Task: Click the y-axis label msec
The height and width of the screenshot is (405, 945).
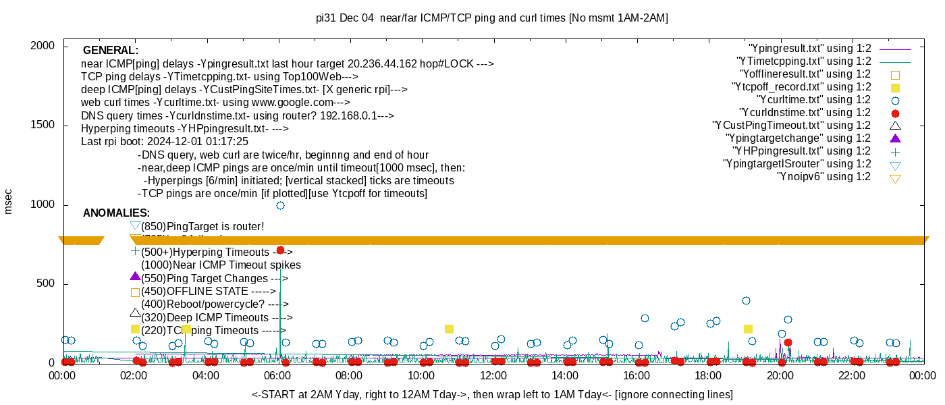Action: [9, 201]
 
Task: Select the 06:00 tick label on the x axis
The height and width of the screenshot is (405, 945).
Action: [277, 376]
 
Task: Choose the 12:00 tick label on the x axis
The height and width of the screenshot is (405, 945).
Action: [493, 376]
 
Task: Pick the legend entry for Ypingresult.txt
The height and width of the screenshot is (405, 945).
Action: [810, 49]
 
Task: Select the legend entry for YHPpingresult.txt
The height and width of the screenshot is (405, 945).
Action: [799, 151]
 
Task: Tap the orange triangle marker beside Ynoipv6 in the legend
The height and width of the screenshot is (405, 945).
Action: [896, 178]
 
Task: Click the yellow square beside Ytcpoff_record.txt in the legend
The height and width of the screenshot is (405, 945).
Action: [896, 88]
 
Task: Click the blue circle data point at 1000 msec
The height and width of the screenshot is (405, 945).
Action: [280, 205]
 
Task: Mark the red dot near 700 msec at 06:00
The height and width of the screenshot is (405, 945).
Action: [280, 250]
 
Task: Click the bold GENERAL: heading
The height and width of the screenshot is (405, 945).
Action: [111, 51]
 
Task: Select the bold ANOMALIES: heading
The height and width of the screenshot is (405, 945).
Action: [116, 213]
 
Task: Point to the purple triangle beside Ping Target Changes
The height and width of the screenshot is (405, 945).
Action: [135, 277]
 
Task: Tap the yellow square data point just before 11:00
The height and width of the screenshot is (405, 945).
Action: [449, 329]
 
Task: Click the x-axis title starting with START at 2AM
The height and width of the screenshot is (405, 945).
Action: [492, 394]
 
